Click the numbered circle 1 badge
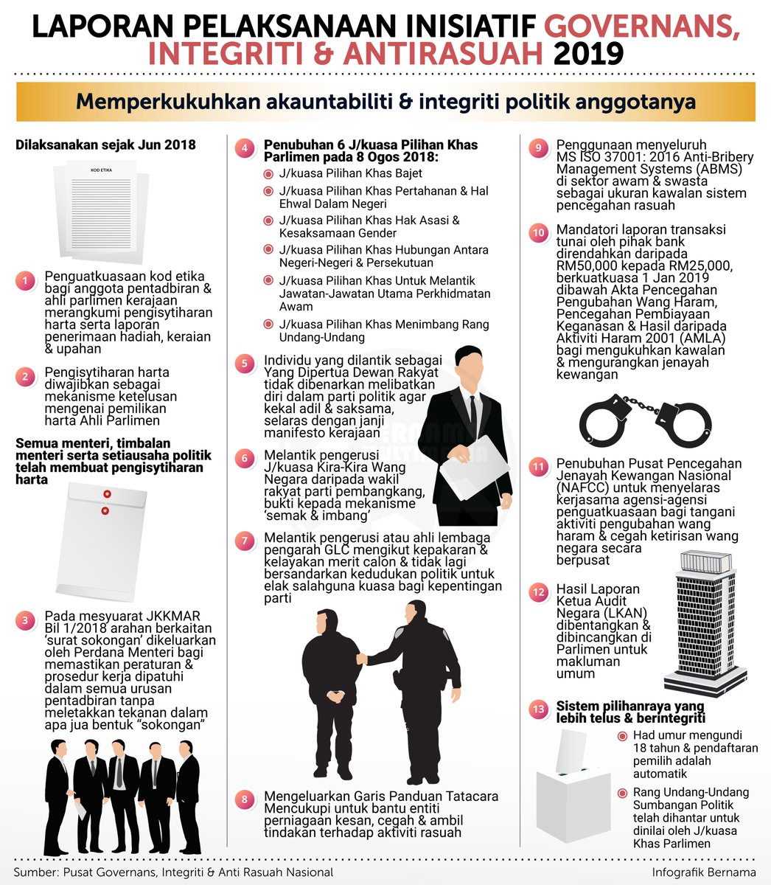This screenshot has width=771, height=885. coord(25,281)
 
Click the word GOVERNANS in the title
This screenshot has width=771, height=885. coord(642,27)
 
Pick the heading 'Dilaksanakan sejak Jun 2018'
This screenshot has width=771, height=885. coord(105,145)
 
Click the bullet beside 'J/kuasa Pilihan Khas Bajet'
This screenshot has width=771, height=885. coord(268,174)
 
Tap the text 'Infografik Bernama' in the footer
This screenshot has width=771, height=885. coord(703,871)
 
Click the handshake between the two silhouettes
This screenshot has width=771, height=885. coord(361,658)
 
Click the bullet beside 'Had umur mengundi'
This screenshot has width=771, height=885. coord(623,736)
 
